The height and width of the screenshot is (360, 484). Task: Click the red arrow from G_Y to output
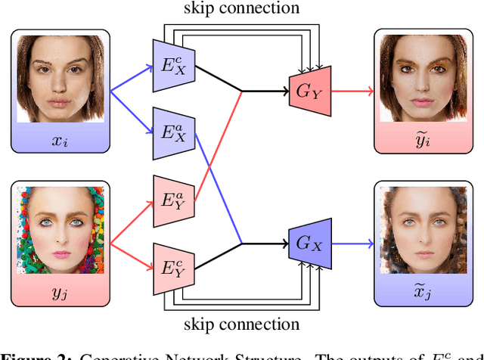pos(351,92)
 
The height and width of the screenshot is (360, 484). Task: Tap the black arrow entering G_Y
pos(265,92)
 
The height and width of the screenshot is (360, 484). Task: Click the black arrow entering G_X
pos(265,244)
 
